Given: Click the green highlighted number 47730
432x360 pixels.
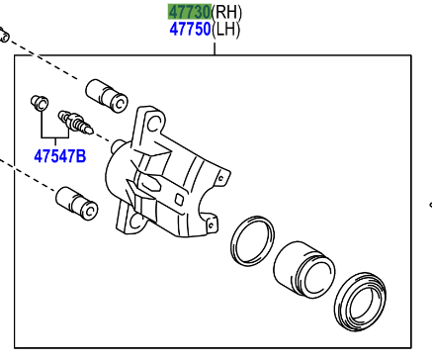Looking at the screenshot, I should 189,12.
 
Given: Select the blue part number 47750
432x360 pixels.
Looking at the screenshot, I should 189,30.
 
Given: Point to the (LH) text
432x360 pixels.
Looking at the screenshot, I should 227,30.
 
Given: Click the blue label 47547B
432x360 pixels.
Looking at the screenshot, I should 59,155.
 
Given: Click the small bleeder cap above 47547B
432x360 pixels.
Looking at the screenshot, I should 41,102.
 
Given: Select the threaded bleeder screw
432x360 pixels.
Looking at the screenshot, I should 75,123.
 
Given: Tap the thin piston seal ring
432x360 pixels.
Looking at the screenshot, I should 252,241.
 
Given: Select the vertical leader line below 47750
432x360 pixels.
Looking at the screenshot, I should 215,46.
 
